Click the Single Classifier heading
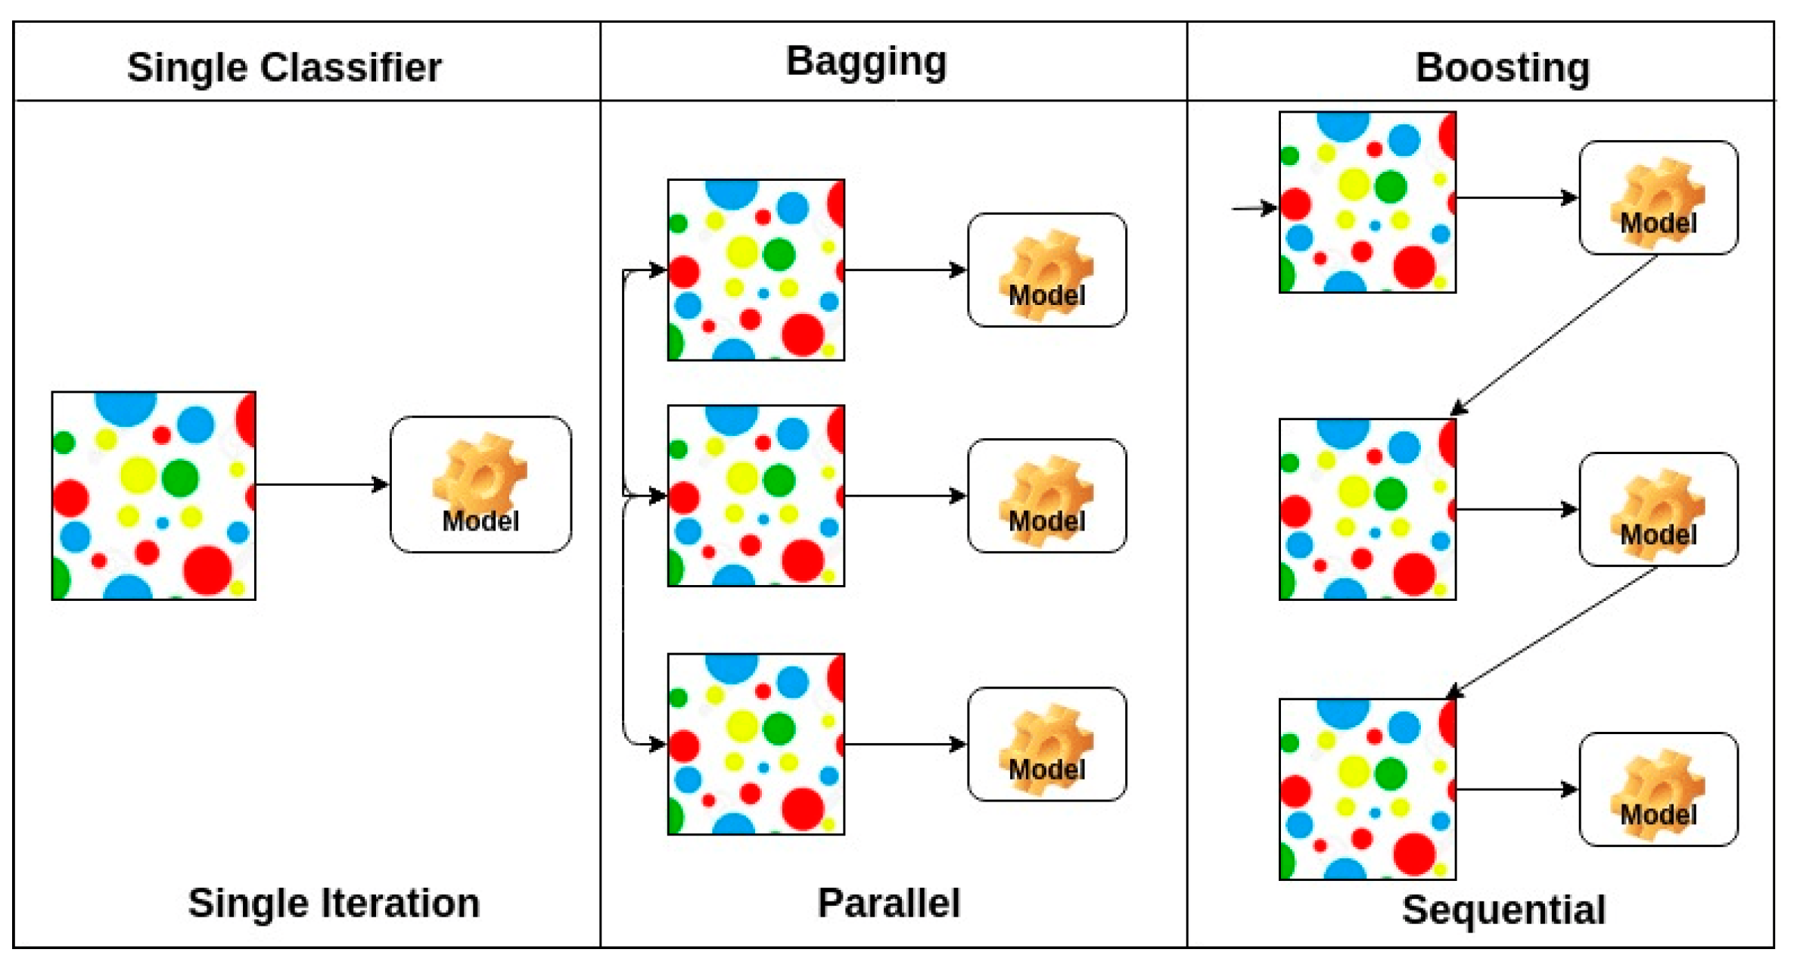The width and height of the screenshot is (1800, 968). [284, 67]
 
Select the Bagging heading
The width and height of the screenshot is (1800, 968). [866, 61]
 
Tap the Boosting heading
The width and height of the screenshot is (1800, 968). [1503, 67]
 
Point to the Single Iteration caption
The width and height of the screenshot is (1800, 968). [334, 902]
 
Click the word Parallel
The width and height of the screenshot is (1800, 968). [889, 902]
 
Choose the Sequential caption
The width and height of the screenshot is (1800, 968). [1503, 909]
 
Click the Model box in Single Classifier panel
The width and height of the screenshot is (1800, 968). [480, 484]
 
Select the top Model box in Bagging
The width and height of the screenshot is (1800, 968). [1047, 270]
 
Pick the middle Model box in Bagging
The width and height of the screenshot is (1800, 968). [1047, 496]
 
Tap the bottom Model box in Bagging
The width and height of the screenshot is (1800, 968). [1047, 744]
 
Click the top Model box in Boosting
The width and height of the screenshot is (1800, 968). [1659, 198]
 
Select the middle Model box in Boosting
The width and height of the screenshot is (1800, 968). [1659, 509]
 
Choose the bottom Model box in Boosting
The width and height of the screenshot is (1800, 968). [1659, 789]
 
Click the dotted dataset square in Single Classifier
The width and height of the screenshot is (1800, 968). [154, 496]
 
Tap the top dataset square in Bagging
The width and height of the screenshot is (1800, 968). [756, 270]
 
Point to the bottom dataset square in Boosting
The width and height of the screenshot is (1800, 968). [1367, 789]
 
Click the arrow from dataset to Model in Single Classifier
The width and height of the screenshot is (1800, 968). [322, 484]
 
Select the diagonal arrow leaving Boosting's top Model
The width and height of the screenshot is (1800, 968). [1555, 335]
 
